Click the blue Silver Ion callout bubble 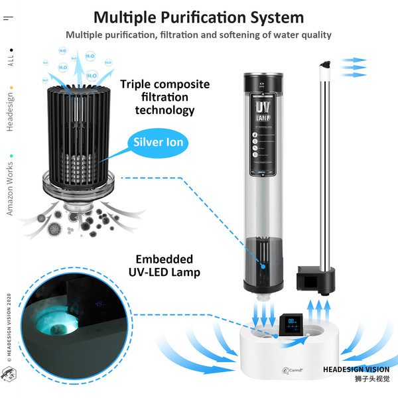(159, 141)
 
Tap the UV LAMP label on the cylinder (262, 111)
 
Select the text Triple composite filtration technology (165, 97)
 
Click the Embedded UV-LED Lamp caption (165, 265)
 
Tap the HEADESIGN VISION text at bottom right (356, 370)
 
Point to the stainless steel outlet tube (326, 166)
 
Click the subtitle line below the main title (198, 35)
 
